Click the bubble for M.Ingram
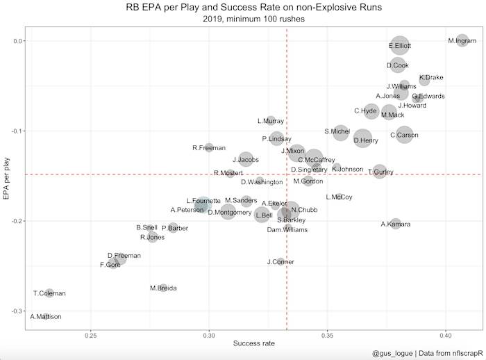tap(463, 40)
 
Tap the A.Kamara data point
tap(396, 224)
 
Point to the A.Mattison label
tap(46, 317)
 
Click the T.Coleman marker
tap(49, 293)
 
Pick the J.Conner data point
tap(280, 261)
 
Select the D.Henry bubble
tap(363, 138)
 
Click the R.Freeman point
tap(209, 147)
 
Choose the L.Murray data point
tap(271, 121)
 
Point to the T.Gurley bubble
tap(380, 171)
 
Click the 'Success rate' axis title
tap(253, 344)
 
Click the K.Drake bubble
tap(424, 80)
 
